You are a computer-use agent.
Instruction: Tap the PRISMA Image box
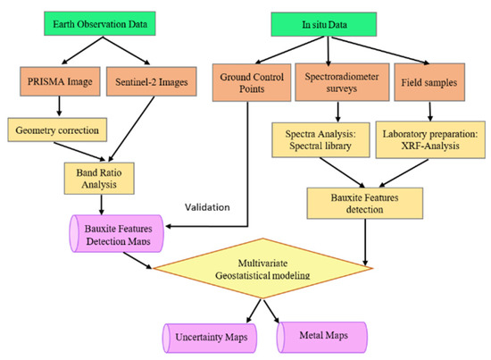pos(56,88)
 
